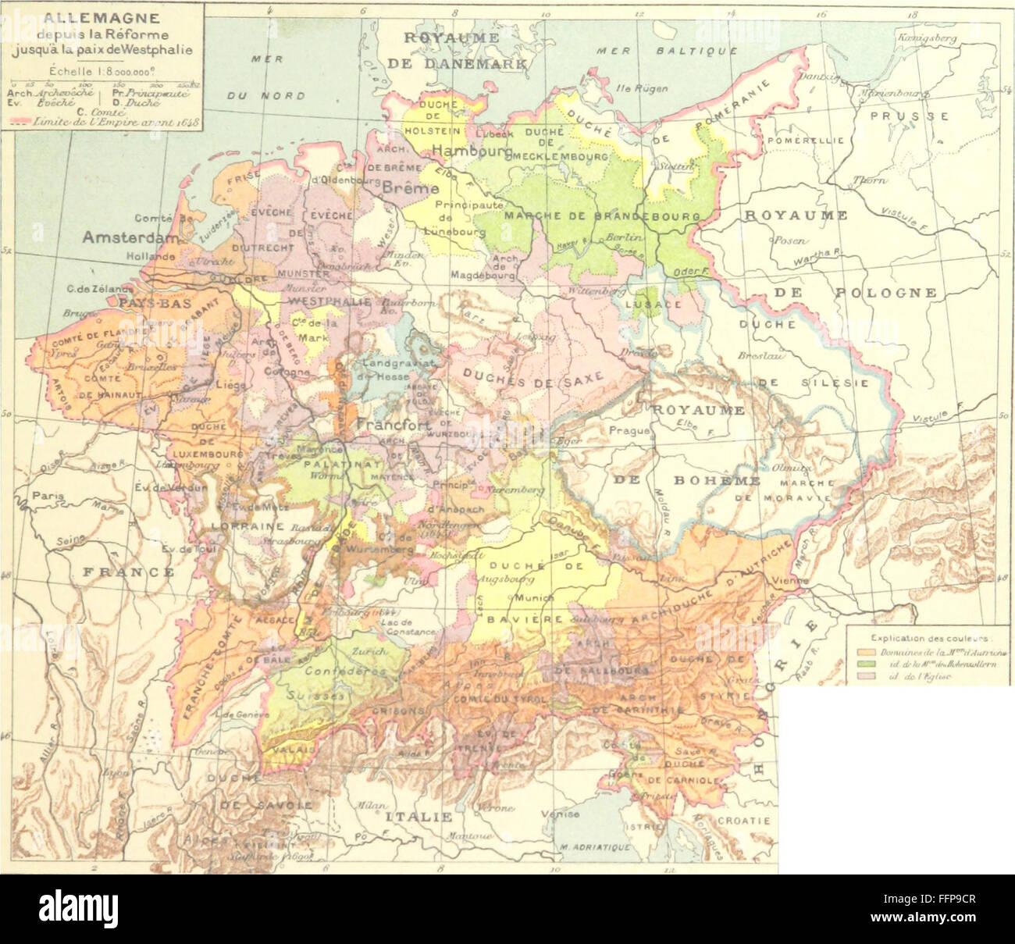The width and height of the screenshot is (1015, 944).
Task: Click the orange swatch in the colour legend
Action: tap(863, 650)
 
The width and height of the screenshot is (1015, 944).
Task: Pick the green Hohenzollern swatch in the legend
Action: tap(863, 663)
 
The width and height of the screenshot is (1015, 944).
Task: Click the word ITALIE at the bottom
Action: tap(418, 817)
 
